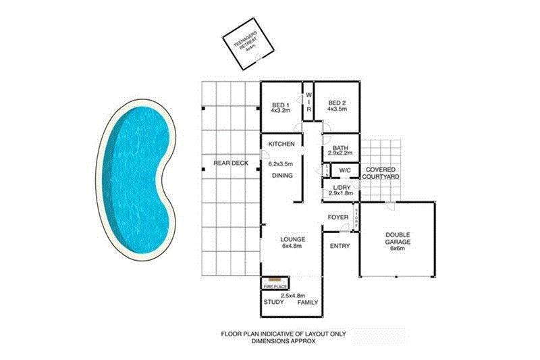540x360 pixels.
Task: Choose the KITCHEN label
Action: pyautogui.click(x=281, y=145)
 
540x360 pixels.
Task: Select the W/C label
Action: pyautogui.click(x=344, y=170)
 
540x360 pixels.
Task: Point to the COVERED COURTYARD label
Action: pyautogui.click(x=381, y=172)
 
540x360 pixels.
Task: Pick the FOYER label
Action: pyautogui.click(x=337, y=217)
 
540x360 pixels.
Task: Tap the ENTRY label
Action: pyautogui.click(x=340, y=246)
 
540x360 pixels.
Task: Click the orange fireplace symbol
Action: pyautogui.click(x=275, y=278)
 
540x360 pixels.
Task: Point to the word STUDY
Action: pyautogui.click(x=273, y=303)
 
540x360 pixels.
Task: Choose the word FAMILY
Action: pyautogui.click(x=308, y=303)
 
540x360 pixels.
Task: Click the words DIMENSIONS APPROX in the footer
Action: pyautogui.click(x=283, y=342)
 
